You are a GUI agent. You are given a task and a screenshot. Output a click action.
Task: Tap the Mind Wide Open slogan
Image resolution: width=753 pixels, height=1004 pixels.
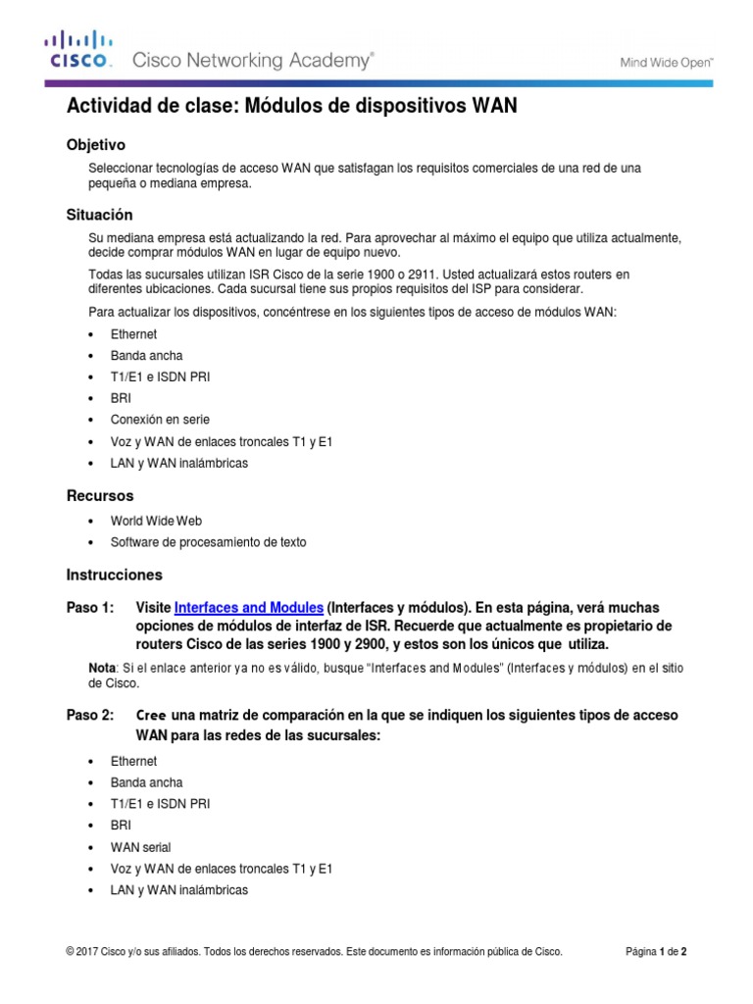(666, 62)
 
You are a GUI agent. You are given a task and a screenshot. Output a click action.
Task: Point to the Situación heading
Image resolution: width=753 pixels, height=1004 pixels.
(99, 214)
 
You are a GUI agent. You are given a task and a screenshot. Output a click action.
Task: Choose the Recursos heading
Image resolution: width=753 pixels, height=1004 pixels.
(99, 495)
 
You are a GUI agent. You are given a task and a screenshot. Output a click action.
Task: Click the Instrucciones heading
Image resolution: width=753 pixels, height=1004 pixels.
(114, 575)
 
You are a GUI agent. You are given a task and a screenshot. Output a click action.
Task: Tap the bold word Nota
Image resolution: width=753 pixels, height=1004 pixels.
(101, 668)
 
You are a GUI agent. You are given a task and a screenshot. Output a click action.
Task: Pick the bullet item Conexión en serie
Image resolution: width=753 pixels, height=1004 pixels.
(160, 420)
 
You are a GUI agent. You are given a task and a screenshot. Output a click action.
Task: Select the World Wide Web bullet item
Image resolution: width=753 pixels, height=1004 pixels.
(156, 521)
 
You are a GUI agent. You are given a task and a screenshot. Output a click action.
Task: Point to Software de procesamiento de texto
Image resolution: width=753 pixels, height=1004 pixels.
(215, 542)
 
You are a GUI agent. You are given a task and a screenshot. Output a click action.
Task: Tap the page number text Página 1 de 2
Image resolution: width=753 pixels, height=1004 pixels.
(662, 951)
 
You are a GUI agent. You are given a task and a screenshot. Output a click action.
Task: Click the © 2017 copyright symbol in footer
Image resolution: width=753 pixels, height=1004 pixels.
(70, 951)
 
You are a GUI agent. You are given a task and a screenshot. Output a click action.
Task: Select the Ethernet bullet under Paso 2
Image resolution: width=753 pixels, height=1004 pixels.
(133, 761)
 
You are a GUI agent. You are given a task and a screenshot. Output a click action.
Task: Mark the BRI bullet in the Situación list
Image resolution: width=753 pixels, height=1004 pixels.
(121, 398)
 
